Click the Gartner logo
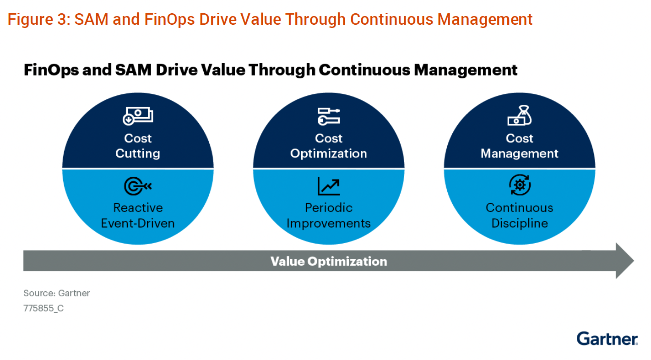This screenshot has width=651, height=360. (607, 338)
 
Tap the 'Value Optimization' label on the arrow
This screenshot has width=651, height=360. (329, 261)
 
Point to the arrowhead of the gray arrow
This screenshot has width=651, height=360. (625, 261)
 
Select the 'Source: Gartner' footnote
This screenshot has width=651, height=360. (57, 293)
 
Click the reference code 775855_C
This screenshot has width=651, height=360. (43, 308)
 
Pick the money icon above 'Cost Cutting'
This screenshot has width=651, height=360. (138, 116)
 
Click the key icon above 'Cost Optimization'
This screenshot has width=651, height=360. (329, 116)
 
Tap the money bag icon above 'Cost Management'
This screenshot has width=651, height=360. (520, 115)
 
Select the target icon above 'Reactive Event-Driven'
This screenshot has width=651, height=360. (138, 186)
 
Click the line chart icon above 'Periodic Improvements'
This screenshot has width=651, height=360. (329, 186)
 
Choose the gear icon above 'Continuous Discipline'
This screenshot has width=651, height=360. (520, 185)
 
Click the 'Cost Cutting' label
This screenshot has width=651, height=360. (138, 146)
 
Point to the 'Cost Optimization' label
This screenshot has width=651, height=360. (329, 146)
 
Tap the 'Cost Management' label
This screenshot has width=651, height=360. (520, 146)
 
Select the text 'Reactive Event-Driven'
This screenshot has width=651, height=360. (138, 215)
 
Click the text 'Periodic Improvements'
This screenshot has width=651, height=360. (329, 215)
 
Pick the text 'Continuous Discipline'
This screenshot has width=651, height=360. (520, 215)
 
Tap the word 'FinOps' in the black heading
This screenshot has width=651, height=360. (51, 70)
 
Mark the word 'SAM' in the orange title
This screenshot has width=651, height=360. (92, 20)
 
